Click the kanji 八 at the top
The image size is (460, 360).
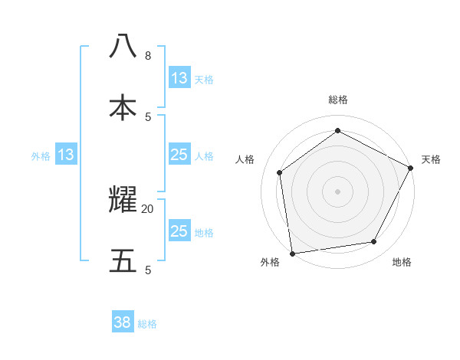[x=123, y=47]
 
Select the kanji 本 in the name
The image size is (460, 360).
[x=123, y=108]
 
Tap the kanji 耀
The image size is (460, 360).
[x=123, y=200]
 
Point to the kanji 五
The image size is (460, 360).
[x=123, y=261]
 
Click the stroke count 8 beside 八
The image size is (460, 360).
[x=147, y=56]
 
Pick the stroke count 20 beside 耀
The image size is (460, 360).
[x=147, y=208]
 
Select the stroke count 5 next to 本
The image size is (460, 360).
[x=147, y=116]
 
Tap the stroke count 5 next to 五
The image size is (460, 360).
[x=147, y=270]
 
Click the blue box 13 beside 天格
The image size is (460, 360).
[x=179, y=78]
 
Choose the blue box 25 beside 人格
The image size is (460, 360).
[x=179, y=155]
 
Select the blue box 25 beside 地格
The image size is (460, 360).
[x=179, y=231]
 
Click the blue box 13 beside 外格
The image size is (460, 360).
[x=66, y=155]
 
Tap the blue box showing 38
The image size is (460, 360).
[x=123, y=322]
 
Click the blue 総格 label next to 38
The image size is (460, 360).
[x=147, y=324]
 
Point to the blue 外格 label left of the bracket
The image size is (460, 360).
[x=41, y=156]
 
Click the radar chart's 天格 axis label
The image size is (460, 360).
[x=431, y=159]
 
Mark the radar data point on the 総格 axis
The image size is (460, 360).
[x=337, y=130]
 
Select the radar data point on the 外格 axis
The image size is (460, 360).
[x=292, y=253]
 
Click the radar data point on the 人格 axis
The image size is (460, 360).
[x=280, y=172]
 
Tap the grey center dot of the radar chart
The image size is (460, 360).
[x=337, y=191]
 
